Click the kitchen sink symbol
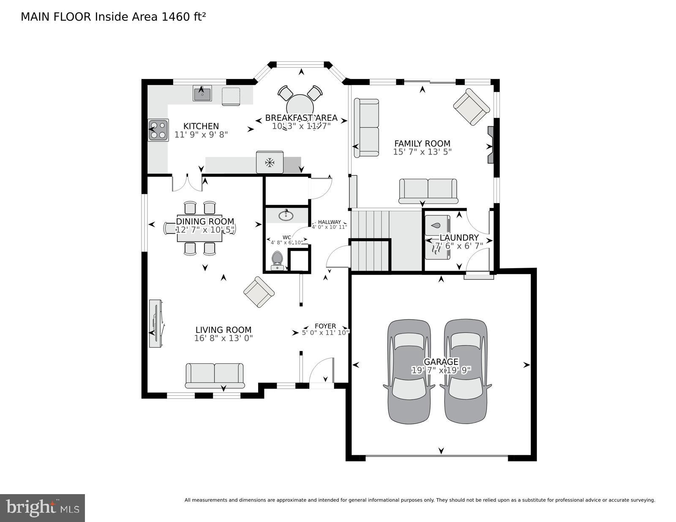[202, 93]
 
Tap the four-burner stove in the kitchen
[158, 130]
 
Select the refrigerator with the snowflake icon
[270, 162]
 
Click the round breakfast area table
[300, 106]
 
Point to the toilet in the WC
[277, 260]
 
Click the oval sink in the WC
[286, 215]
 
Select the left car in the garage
[409, 371]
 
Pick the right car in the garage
[465, 371]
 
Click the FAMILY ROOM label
[422, 144]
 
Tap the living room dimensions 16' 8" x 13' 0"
[224, 338]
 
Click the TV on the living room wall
[156, 323]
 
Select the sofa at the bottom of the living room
[215, 375]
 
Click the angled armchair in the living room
[259, 292]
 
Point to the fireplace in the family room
[491, 144]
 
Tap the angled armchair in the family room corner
[472, 106]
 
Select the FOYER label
[325, 326]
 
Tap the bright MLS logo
[42, 508]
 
